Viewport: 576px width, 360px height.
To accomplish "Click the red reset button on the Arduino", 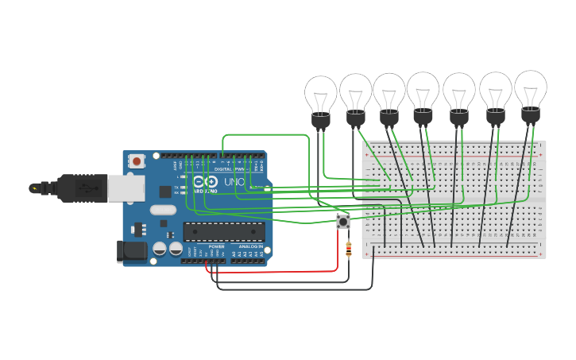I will point(137,161).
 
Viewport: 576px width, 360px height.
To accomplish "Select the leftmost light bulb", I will point(321,95).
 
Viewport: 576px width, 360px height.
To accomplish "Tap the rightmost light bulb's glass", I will point(531,87).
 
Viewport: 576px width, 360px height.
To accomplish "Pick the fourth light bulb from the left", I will point(423,90).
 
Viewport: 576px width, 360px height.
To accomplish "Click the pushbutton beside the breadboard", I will point(343,221).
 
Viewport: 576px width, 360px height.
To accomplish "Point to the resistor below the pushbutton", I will point(348,250).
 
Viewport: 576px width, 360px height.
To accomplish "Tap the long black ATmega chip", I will point(224,231).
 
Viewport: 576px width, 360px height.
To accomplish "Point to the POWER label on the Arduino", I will point(216,247).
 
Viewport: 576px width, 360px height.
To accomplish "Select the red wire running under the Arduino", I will point(278,272).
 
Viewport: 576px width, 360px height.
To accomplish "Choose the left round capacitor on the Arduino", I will point(160,249).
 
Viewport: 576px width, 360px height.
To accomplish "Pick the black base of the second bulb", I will point(355,118).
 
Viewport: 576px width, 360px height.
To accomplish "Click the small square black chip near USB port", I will point(164,192).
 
